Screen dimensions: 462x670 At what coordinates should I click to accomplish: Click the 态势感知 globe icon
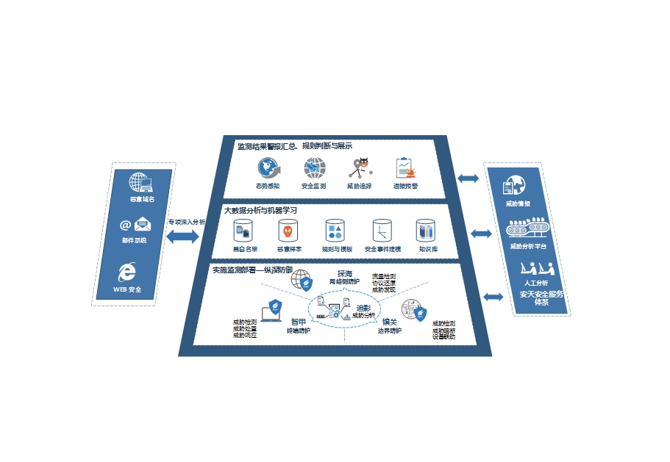pyautogui.click(x=267, y=168)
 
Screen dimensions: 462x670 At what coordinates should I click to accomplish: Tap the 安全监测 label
pyautogui.click(x=313, y=186)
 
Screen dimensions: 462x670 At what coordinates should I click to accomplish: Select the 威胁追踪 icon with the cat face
pyautogui.click(x=360, y=168)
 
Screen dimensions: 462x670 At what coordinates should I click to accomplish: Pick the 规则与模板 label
pyautogui.click(x=336, y=249)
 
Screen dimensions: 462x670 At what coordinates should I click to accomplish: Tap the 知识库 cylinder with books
pyautogui.click(x=427, y=231)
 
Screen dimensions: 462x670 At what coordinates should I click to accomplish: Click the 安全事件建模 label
pyautogui.click(x=382, y=249)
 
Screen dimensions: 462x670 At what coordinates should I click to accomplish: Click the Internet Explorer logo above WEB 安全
pyautogui.click(x=127, y=272)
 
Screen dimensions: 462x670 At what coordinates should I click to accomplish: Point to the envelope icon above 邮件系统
pyautogui.click(x=142, y=225)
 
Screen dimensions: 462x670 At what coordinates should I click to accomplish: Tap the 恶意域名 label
pyautogui.click(x=142, y=199)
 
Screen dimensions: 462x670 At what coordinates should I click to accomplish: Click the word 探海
pyautogui.click(x=344, y=273)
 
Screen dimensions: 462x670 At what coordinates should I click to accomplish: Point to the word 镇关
pyautogui.click(x=389, y=322)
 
